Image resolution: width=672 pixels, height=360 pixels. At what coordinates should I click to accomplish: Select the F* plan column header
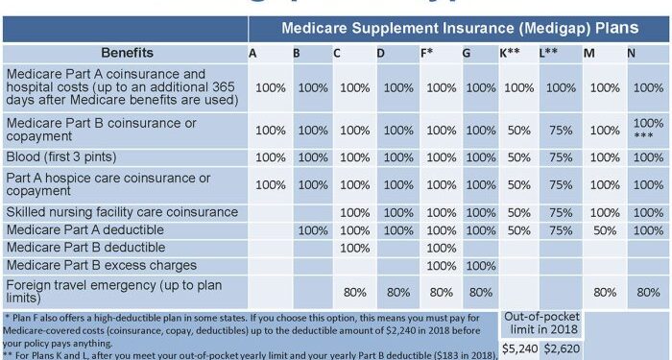point(427,53)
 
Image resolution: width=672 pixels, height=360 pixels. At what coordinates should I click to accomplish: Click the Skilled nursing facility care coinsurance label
point(121,212)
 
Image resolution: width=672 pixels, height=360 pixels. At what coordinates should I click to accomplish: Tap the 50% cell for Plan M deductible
point(605,230)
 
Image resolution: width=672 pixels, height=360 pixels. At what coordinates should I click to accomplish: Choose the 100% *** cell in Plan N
point(649,130)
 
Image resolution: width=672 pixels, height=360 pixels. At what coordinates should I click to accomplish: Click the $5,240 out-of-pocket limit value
point(519,348)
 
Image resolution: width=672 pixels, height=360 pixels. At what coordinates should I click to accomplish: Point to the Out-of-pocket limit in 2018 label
point(541,322)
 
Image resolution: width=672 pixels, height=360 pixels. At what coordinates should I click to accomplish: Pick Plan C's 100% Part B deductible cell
point(355,248)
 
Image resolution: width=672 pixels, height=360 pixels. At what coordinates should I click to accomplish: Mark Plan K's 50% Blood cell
point(519,156)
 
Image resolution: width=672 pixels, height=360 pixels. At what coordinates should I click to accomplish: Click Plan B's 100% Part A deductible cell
point(313,230)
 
